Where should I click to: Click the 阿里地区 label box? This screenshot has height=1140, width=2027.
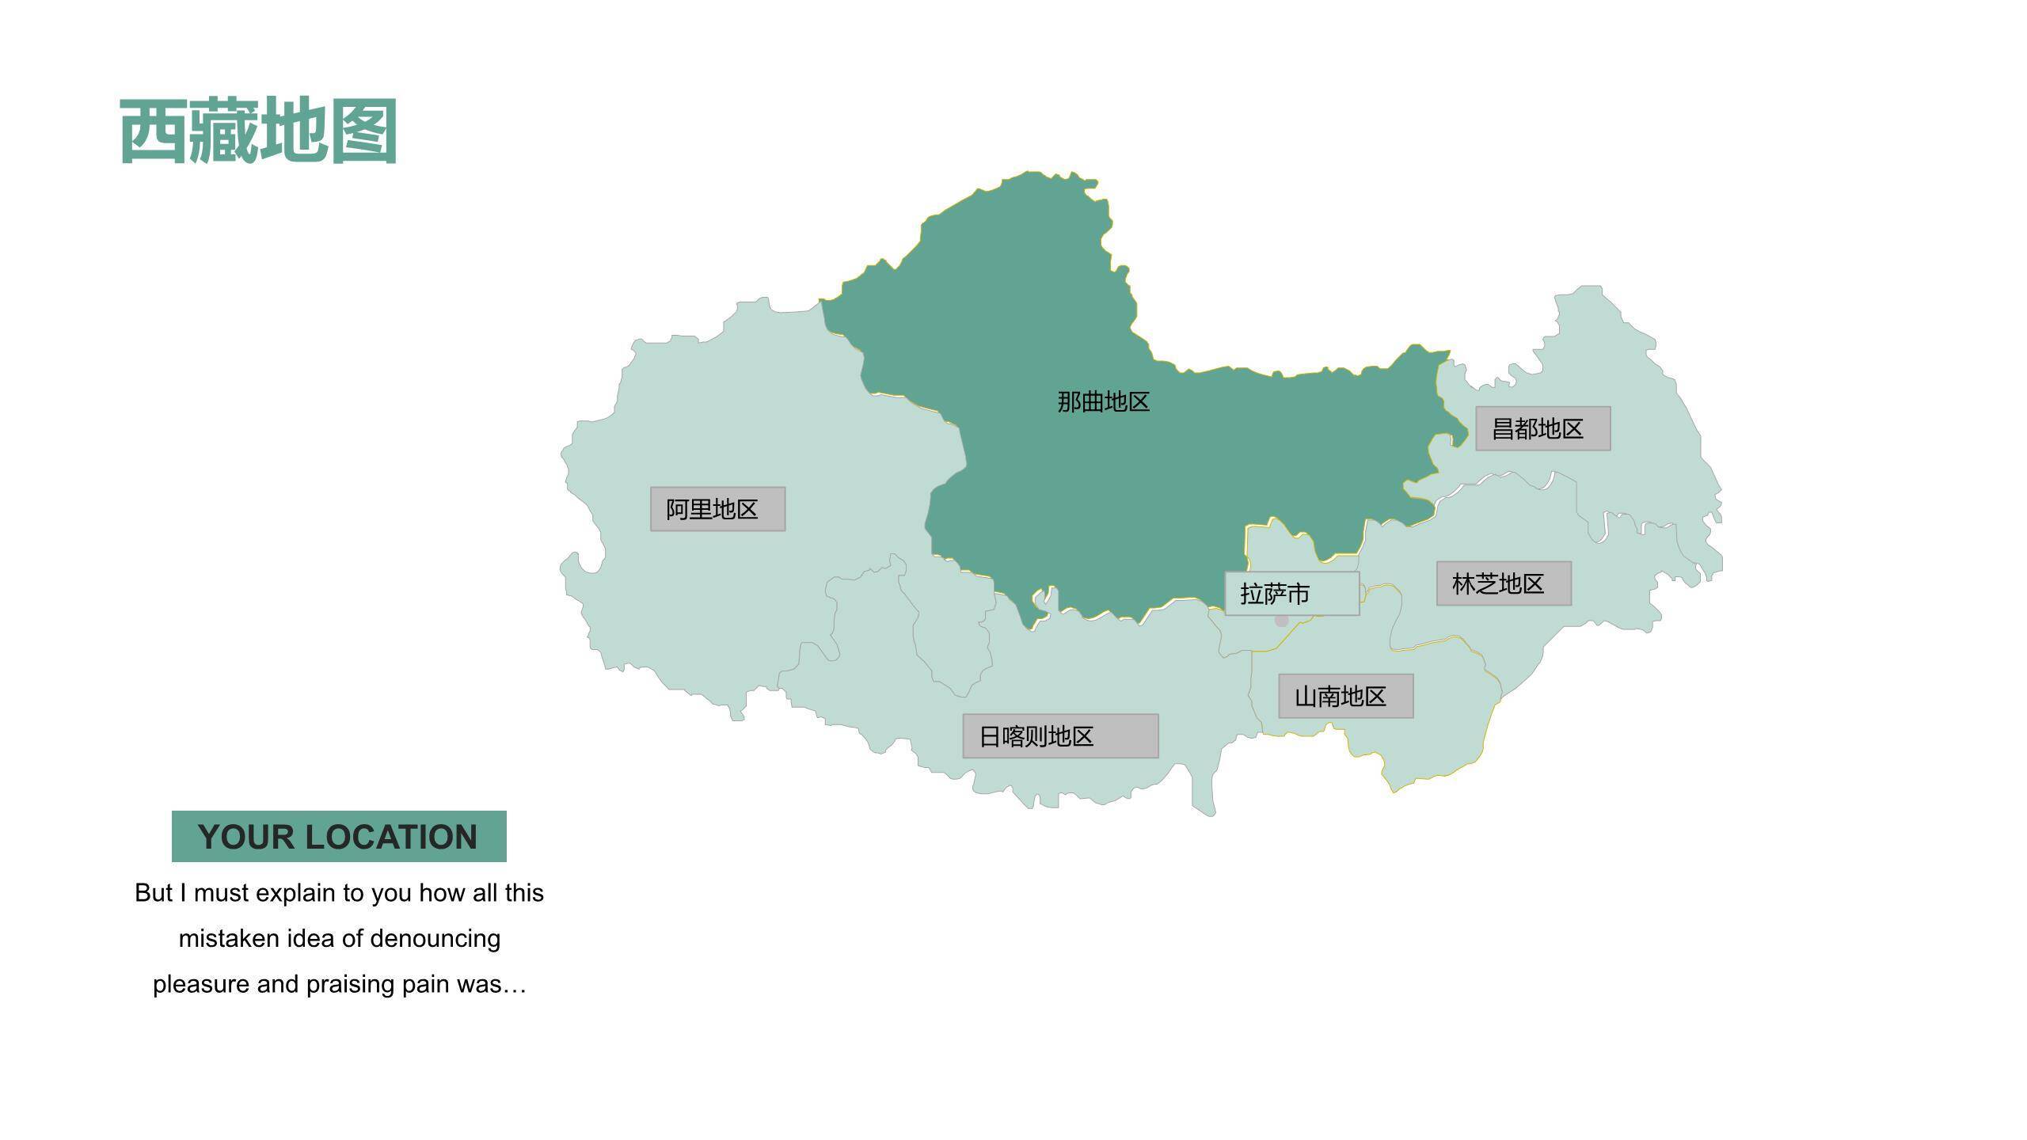717,509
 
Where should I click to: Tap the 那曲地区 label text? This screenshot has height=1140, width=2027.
1103,402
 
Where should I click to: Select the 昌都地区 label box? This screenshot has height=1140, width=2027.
1542,429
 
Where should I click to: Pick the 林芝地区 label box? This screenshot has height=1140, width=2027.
1504,584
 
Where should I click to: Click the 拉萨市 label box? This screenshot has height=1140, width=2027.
1291,594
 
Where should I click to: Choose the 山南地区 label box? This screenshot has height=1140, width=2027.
1345,697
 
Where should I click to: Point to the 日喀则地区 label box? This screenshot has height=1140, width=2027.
1060,736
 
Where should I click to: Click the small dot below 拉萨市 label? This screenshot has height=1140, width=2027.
1281,621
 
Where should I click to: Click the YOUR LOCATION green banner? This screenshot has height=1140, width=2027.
339,836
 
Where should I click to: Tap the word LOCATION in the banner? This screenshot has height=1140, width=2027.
402,838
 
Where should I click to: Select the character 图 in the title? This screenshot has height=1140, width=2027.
363,131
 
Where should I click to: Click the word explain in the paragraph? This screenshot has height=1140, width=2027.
296,893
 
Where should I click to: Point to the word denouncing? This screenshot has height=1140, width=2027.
435,939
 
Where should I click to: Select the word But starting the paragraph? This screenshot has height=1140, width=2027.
154,893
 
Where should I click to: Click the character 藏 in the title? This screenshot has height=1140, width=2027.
223,131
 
